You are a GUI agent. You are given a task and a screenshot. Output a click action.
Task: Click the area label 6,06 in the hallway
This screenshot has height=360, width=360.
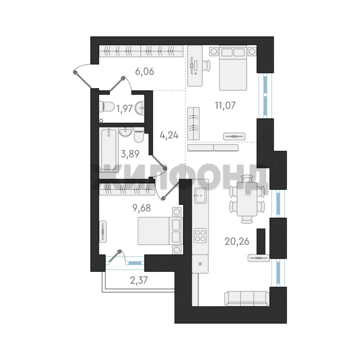click(x=144, y=72)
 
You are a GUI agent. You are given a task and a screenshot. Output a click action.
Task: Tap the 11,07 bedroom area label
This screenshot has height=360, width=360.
click(x=225, y=105)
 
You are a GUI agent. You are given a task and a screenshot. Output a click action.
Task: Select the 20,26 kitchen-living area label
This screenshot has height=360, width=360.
click(x=237, y=241)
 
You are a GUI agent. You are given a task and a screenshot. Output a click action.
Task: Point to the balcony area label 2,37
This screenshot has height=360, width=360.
click(x=139, y=280)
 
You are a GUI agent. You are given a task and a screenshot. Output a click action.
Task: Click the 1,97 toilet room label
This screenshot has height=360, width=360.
click(x=124, y=109)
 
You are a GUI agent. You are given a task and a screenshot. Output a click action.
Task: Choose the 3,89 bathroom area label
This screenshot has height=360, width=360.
click(x=130, y=154)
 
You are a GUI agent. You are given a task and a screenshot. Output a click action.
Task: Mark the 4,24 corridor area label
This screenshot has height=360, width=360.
click(x=169, y=135)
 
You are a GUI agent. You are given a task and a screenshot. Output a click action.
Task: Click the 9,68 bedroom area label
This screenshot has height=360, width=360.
click(x=142, y=208)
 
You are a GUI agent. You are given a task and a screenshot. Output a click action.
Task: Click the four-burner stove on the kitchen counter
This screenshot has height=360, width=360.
click(x=200, y=235)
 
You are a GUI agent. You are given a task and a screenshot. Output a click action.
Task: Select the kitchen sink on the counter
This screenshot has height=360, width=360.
click(x=200, y=195)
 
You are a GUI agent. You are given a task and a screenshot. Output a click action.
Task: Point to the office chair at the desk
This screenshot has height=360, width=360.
click(x=206, y=66)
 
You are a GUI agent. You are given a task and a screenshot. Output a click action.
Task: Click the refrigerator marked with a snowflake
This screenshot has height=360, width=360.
click(x=200, y=264)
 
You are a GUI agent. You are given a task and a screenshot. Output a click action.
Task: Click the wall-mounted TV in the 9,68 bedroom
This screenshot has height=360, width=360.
click(x=103, y=231)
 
